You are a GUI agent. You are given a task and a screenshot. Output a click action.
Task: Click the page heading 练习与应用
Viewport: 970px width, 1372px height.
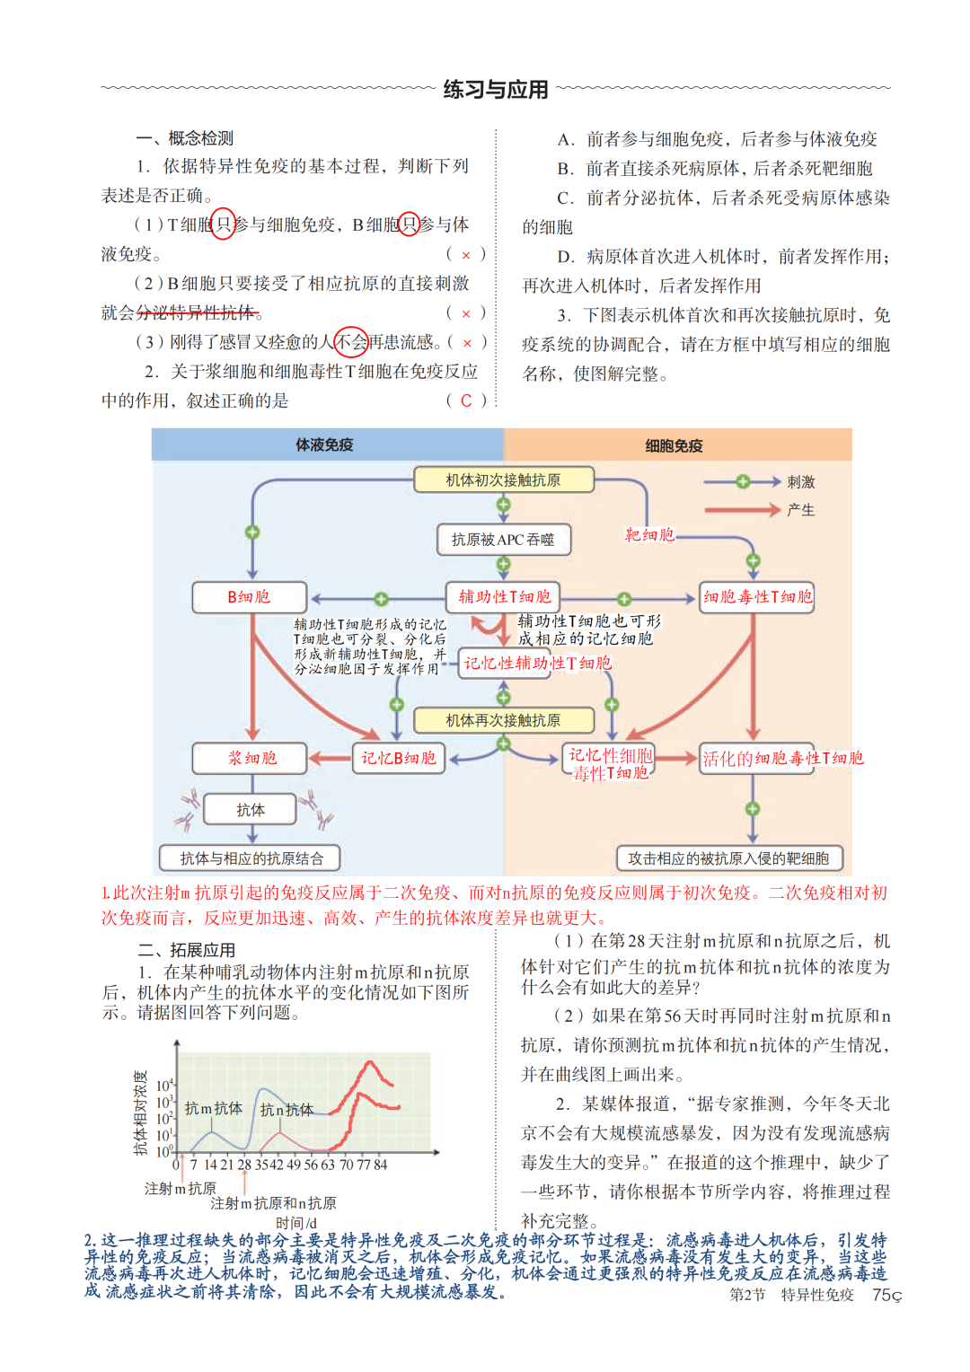pyautogui.click(x=495, y=90)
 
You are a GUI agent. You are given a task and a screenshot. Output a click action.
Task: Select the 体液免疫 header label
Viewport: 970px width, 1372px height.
pyautogui.click(x=324, y=444)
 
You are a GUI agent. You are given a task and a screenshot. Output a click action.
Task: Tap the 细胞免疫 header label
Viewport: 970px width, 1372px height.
pyautogui.click(x=674, y=445)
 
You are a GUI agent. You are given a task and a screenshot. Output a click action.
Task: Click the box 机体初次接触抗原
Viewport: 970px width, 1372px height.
pyautogui.click(x=503, y=480)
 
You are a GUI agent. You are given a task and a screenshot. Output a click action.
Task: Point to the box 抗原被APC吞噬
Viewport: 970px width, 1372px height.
pyautogui.click(x=503, y=540)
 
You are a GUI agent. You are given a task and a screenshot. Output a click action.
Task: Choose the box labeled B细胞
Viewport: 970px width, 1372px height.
pyautogui.click(x=249, y=597)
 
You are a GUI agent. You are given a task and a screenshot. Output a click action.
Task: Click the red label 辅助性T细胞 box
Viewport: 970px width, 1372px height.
pyautogui.click(x=504, y=597)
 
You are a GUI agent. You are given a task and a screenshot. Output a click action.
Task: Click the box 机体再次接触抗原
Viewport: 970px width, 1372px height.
pyautogui.click(x=503, y=720)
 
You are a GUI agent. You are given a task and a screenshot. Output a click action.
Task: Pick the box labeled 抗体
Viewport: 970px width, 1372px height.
pyautogui.click(x=250, y=810)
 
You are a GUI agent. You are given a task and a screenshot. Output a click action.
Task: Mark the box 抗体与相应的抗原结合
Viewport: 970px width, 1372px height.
pyautogui.click(x=251, y=858)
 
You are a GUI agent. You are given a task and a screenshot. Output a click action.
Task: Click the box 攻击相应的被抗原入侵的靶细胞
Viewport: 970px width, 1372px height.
pyautogui.click(x=728, y=858)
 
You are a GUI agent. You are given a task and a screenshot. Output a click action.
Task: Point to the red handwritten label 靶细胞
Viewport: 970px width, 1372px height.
pyautogui.click(x=648, y=535)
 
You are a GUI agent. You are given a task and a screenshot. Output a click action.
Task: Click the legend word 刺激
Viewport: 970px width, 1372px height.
pyautogui.click(x=800, y=482)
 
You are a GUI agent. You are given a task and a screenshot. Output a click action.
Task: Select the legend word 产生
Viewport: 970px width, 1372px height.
pyautogui.click(x=800, y=510)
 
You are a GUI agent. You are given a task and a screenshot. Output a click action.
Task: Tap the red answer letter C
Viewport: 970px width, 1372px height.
pyautogui.click(x=466, y=401)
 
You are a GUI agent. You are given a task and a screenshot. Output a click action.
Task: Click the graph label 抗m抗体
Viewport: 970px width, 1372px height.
pyautogui.click(x=213, y=1109)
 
